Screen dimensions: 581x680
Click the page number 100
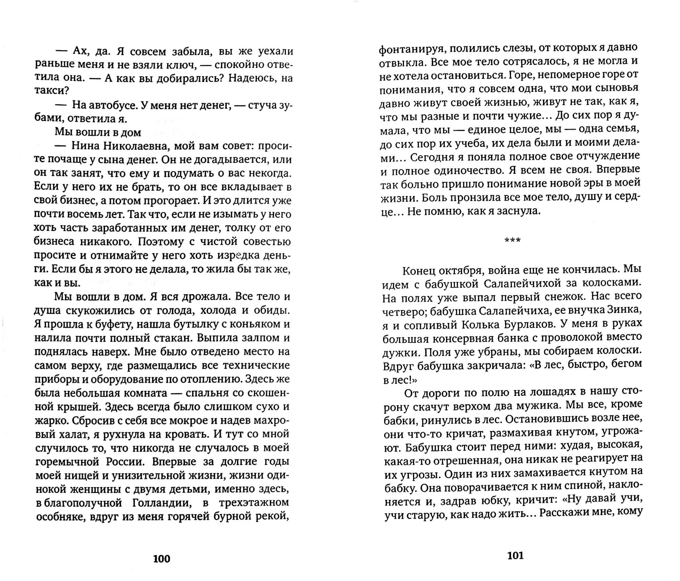(161, 559)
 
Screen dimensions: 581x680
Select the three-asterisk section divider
(512, 240)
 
